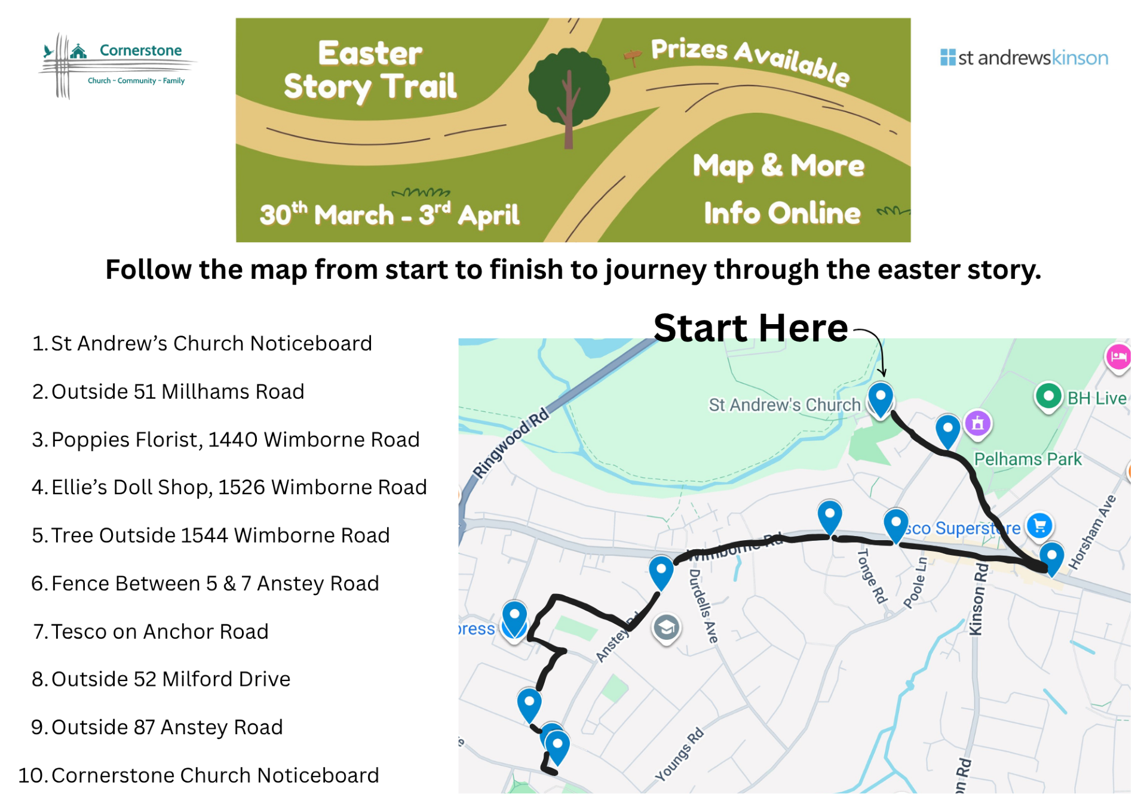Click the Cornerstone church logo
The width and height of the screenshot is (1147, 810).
(116, 64)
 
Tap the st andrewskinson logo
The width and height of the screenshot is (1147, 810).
(1024, 58)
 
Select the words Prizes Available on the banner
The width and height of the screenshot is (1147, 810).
(750, 60)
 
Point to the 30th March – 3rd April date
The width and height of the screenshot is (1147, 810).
(390, 214)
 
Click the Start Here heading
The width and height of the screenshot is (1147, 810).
(750, 328)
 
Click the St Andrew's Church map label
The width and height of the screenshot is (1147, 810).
(784, 405)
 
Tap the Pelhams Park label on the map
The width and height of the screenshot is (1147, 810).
(1028, 459)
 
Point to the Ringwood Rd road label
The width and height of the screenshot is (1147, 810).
(511, 442)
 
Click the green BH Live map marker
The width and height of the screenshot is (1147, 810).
(1048, 396)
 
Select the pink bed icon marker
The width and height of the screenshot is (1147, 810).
(1118, 357)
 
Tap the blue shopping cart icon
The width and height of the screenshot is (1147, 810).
(1039, 526)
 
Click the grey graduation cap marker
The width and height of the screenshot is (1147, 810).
(666, 627)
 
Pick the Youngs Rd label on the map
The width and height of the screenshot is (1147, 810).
(679, 755)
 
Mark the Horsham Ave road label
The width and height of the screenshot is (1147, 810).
(1092, 532)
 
